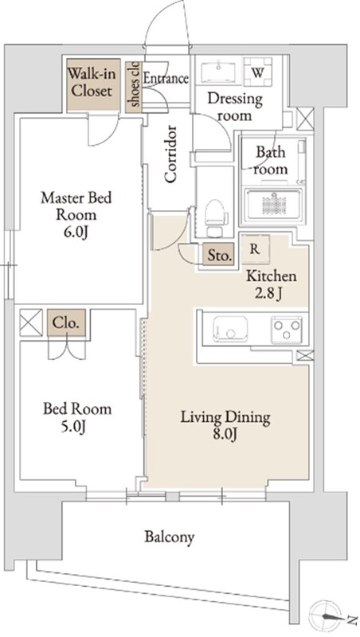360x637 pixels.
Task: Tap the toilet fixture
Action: (x=214, y=217)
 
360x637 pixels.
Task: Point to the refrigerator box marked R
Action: (x=255, y=249)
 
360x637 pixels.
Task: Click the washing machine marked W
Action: (x=257, y=72)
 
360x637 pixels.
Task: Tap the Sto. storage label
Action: (x=220, y=256)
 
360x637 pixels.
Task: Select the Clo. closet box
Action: (x=67, y=323)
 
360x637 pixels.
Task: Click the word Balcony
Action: (x=170, y=537)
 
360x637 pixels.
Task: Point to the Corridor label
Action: (x=170, y=154)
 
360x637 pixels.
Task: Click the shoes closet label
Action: (x=135, y=84)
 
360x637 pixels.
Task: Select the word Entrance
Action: (x=166, y=78)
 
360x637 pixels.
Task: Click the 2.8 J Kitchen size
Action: (x=269, y=294)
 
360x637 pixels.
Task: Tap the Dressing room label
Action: (x=235, y=107)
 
